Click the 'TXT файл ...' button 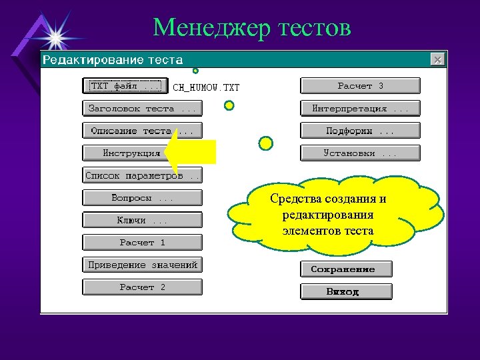coord(125,86)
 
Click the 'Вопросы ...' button coord(141,198)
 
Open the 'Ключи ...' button coord(141,221)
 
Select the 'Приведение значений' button coord(141,265)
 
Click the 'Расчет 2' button coord(141,287)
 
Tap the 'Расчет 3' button coord(360,86)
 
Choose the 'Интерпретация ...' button coord(360,108)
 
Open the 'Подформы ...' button coord(360,131)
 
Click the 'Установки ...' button coord(360,153)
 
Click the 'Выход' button coord(345,292)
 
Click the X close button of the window coord(437,60)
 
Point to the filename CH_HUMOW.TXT coord(206,87)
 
